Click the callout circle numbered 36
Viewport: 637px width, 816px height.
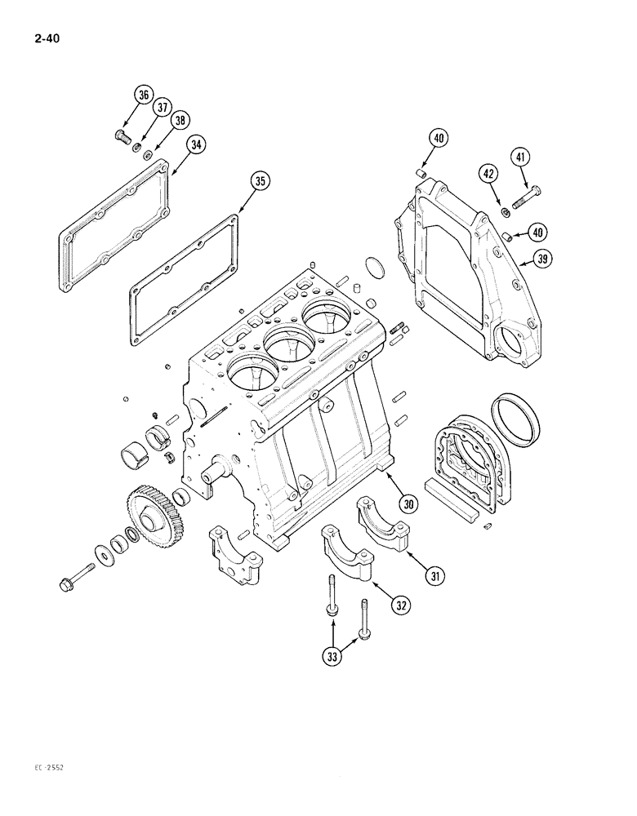pos(144,95)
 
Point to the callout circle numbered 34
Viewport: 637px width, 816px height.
pos(195,144)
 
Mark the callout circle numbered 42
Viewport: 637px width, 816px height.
pos(489,174)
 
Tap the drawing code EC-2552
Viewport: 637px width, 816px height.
pos(29,790)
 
